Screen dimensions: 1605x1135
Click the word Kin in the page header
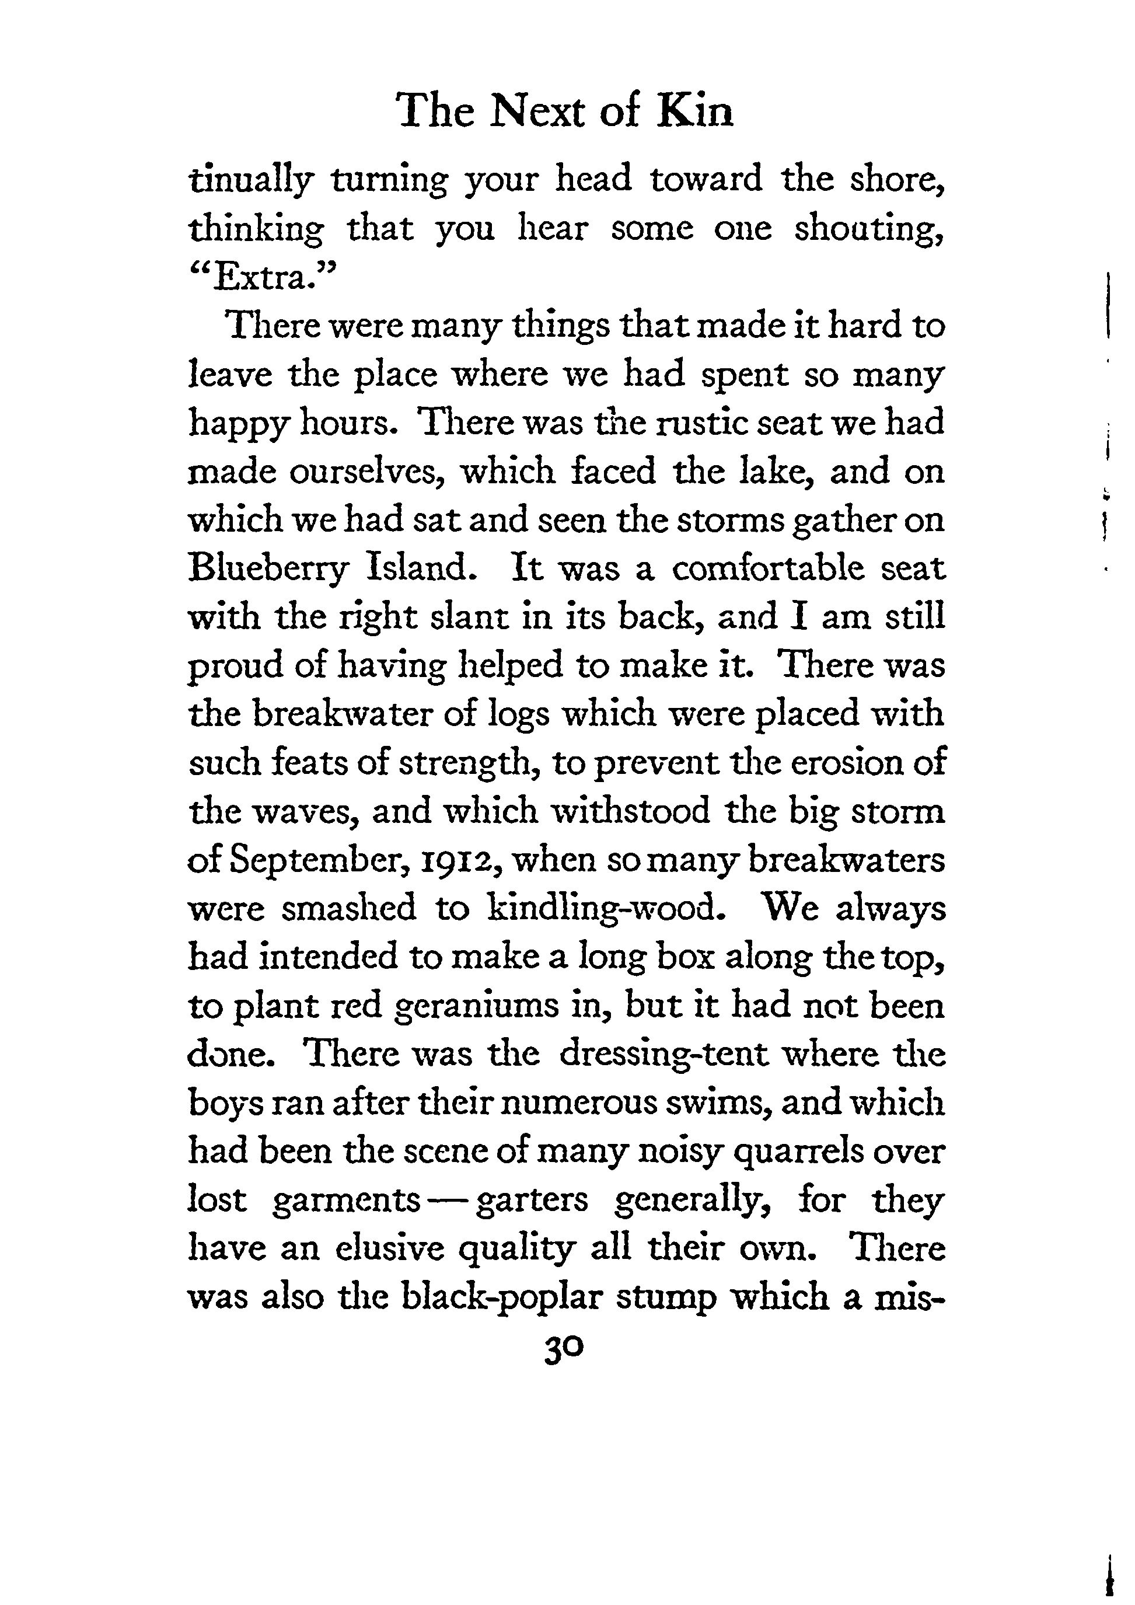coord(696,112)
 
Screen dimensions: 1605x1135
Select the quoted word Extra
coord(263,278)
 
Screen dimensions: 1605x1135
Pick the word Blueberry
coord(268,570)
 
